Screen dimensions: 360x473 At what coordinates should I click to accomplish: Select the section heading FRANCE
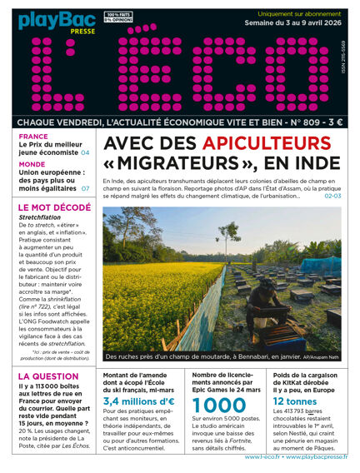point(33,136)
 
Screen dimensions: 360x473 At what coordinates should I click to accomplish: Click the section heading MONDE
point(32,165)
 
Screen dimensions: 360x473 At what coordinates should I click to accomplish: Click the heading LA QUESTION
point(48,376)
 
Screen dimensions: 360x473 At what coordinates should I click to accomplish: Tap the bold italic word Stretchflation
point(40,218)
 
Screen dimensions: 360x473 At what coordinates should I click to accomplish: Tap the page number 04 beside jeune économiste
point(85,153)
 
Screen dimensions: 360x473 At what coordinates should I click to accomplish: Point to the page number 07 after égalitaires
point(85,189)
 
